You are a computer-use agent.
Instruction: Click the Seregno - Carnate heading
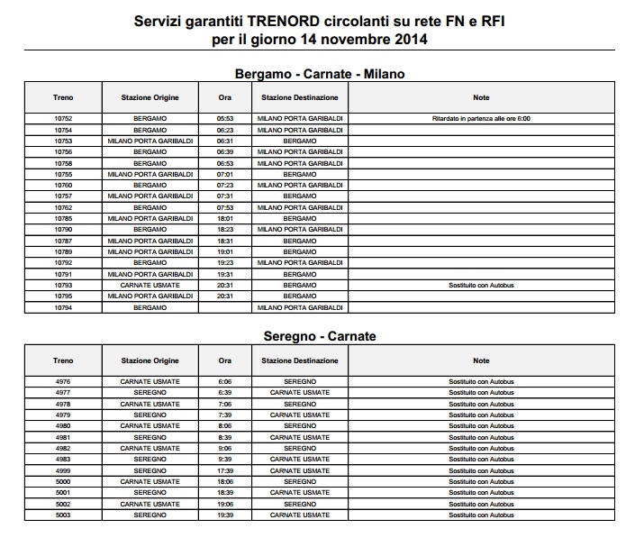pos(320,336)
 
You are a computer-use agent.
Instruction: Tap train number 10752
pos(63,118)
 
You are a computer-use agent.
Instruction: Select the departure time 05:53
pos(225,118)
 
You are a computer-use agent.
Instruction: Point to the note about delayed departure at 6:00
pos(481,118)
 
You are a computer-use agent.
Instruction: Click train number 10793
pos(63,285)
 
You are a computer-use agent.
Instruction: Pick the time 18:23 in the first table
pos(225,229)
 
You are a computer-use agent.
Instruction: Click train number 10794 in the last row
pos(63,307)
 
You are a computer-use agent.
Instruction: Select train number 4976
pos(63,381)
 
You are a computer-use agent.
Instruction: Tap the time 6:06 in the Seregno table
pos(225,381)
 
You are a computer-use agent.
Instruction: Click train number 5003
pos(63,515)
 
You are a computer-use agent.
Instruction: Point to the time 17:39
pos(225,470)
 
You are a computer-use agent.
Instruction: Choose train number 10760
pos(63,185)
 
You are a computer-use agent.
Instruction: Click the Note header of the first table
pos(481,96)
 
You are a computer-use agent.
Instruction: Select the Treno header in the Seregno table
pos(63,360)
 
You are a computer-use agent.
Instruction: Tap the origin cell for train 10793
pos(150,285)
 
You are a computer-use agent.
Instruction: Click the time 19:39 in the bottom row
pos(225,515)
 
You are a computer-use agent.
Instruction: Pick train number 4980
pos(63,425)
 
